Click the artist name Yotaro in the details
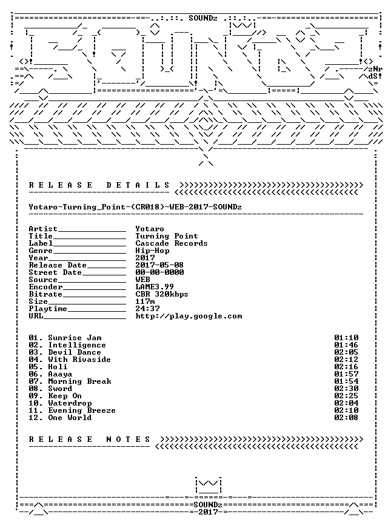point(149,229)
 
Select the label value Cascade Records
point(172,243)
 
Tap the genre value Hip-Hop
point(152,251)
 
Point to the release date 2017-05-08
point(159,265)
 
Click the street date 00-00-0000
point(159,272)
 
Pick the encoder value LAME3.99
point(155,287)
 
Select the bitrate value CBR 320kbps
point(162,294)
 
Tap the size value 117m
point(145,301)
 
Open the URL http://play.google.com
point(189,316)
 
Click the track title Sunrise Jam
point(75,338)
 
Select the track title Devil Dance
point(75,352)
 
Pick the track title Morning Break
point(79,381)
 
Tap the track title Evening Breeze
point(82,410)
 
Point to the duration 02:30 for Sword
point(346,389)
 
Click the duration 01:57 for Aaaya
point(346,374)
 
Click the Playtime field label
point(48,309)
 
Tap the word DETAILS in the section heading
point(138,185)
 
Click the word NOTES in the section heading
point(129,439)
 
